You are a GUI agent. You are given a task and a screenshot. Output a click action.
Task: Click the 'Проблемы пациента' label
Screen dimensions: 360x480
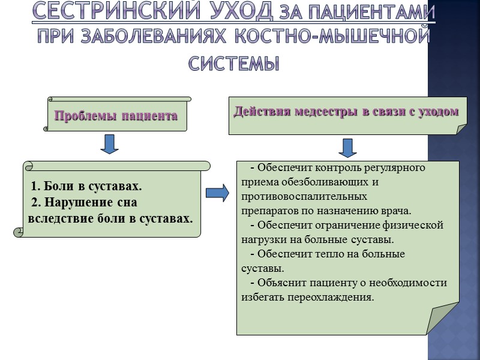click(116, 116)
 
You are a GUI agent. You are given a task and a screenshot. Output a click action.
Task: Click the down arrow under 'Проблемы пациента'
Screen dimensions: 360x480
click(109, 143)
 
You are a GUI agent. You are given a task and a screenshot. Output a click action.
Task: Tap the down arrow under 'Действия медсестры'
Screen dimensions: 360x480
click(347, 147)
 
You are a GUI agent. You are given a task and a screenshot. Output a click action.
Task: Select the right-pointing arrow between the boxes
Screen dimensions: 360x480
click(217, 193)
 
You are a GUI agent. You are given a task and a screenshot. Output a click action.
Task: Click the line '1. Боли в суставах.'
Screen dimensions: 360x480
click(86, 186)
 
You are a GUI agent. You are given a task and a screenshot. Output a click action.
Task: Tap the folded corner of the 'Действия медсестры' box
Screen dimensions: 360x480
click(461, 129)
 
